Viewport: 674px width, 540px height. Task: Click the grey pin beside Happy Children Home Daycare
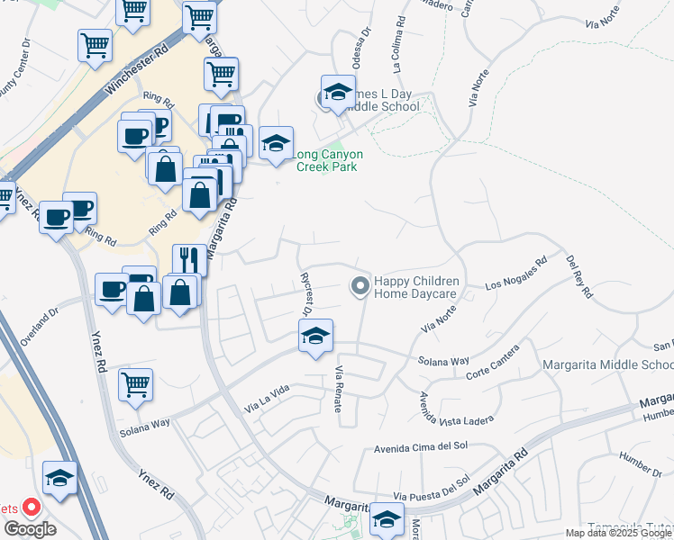[x=360, y=287]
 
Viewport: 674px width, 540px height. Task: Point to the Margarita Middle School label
[x=608, y=364]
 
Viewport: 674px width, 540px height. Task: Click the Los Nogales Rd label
[x=516, y=275]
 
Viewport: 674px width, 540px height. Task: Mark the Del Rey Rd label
[x=579, y=276]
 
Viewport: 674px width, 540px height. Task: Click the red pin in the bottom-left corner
[x=30, y=508]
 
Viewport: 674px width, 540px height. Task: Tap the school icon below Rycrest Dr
[x=315, y=337]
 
